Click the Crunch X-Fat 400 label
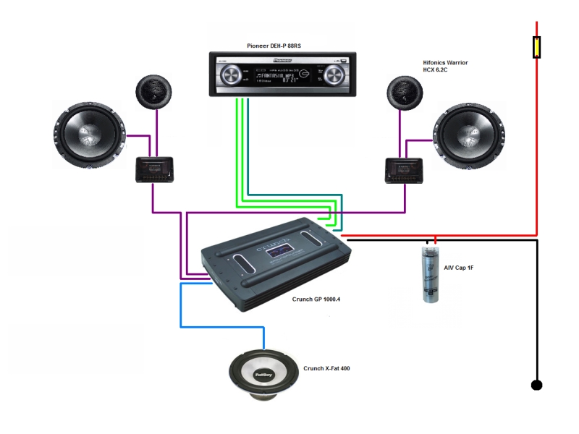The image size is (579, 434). coord(326,368)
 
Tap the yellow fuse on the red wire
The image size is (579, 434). coord(536,47)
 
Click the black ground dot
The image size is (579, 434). coord(536,385)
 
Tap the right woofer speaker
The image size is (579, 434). coord(468,135)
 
